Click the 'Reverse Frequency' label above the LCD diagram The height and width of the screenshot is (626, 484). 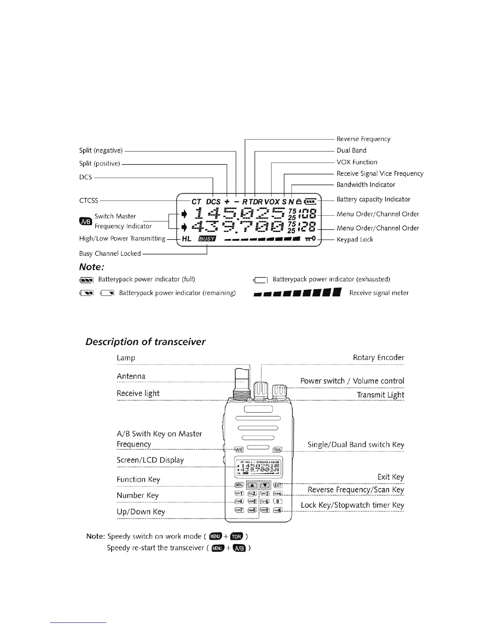pos(363,139)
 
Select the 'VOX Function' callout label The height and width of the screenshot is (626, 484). pos(357,162)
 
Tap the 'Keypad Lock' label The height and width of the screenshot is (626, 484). pos(355,239)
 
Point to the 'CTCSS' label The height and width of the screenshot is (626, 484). pos(89,201)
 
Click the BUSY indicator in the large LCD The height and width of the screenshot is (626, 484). pos(207,239)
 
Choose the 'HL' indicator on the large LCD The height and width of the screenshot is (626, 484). pos(187,239)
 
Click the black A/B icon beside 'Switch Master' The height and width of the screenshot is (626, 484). pos(85,221)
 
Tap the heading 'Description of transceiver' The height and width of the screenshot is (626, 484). pos(145,342)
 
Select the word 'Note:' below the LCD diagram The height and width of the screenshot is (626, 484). pos(91,267)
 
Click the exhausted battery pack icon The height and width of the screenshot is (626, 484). pos(260,280)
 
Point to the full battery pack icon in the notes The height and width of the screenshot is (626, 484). pos(86,280)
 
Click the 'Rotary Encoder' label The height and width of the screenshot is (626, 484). pos(378,358)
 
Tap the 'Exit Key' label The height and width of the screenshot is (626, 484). pos(390,477)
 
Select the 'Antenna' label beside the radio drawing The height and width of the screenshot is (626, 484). pos(131,376)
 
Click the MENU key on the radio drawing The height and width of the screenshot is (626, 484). pos(239,485)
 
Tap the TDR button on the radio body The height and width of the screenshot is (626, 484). pos(277,450)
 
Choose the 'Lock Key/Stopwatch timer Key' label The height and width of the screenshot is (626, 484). pos(352,505)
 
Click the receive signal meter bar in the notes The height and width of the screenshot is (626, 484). pos(297,293)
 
